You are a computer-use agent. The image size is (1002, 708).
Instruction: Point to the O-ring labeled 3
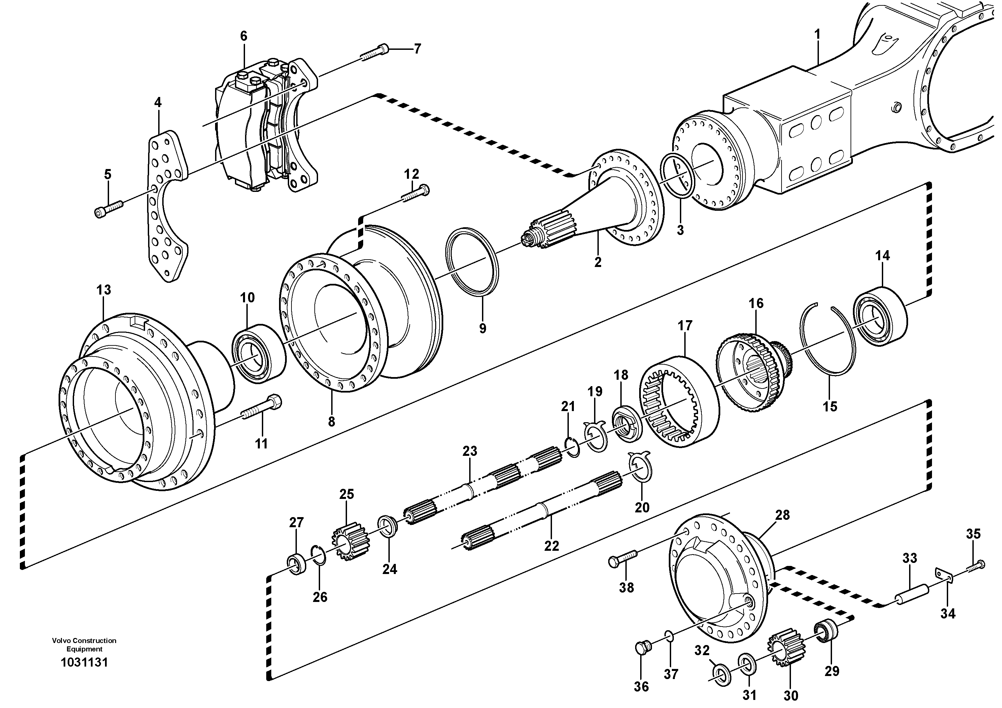tap(677, 175)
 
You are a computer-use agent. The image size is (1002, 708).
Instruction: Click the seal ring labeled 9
tap(472, 262)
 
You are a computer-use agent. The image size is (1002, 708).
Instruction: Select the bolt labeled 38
tap(623, 559)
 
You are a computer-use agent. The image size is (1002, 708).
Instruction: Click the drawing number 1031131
tap(84, 663)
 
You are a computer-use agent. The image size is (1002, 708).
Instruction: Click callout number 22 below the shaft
tap(552, 546)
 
